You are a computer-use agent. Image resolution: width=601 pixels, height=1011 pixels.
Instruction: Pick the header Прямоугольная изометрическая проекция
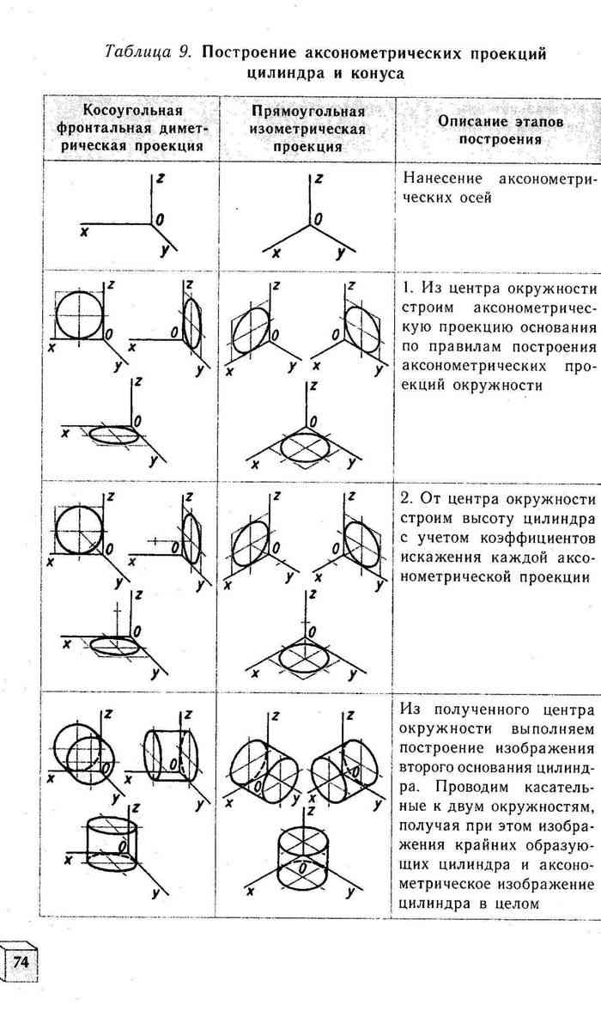307,129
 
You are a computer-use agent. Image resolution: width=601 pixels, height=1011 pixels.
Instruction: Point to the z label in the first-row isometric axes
318,180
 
